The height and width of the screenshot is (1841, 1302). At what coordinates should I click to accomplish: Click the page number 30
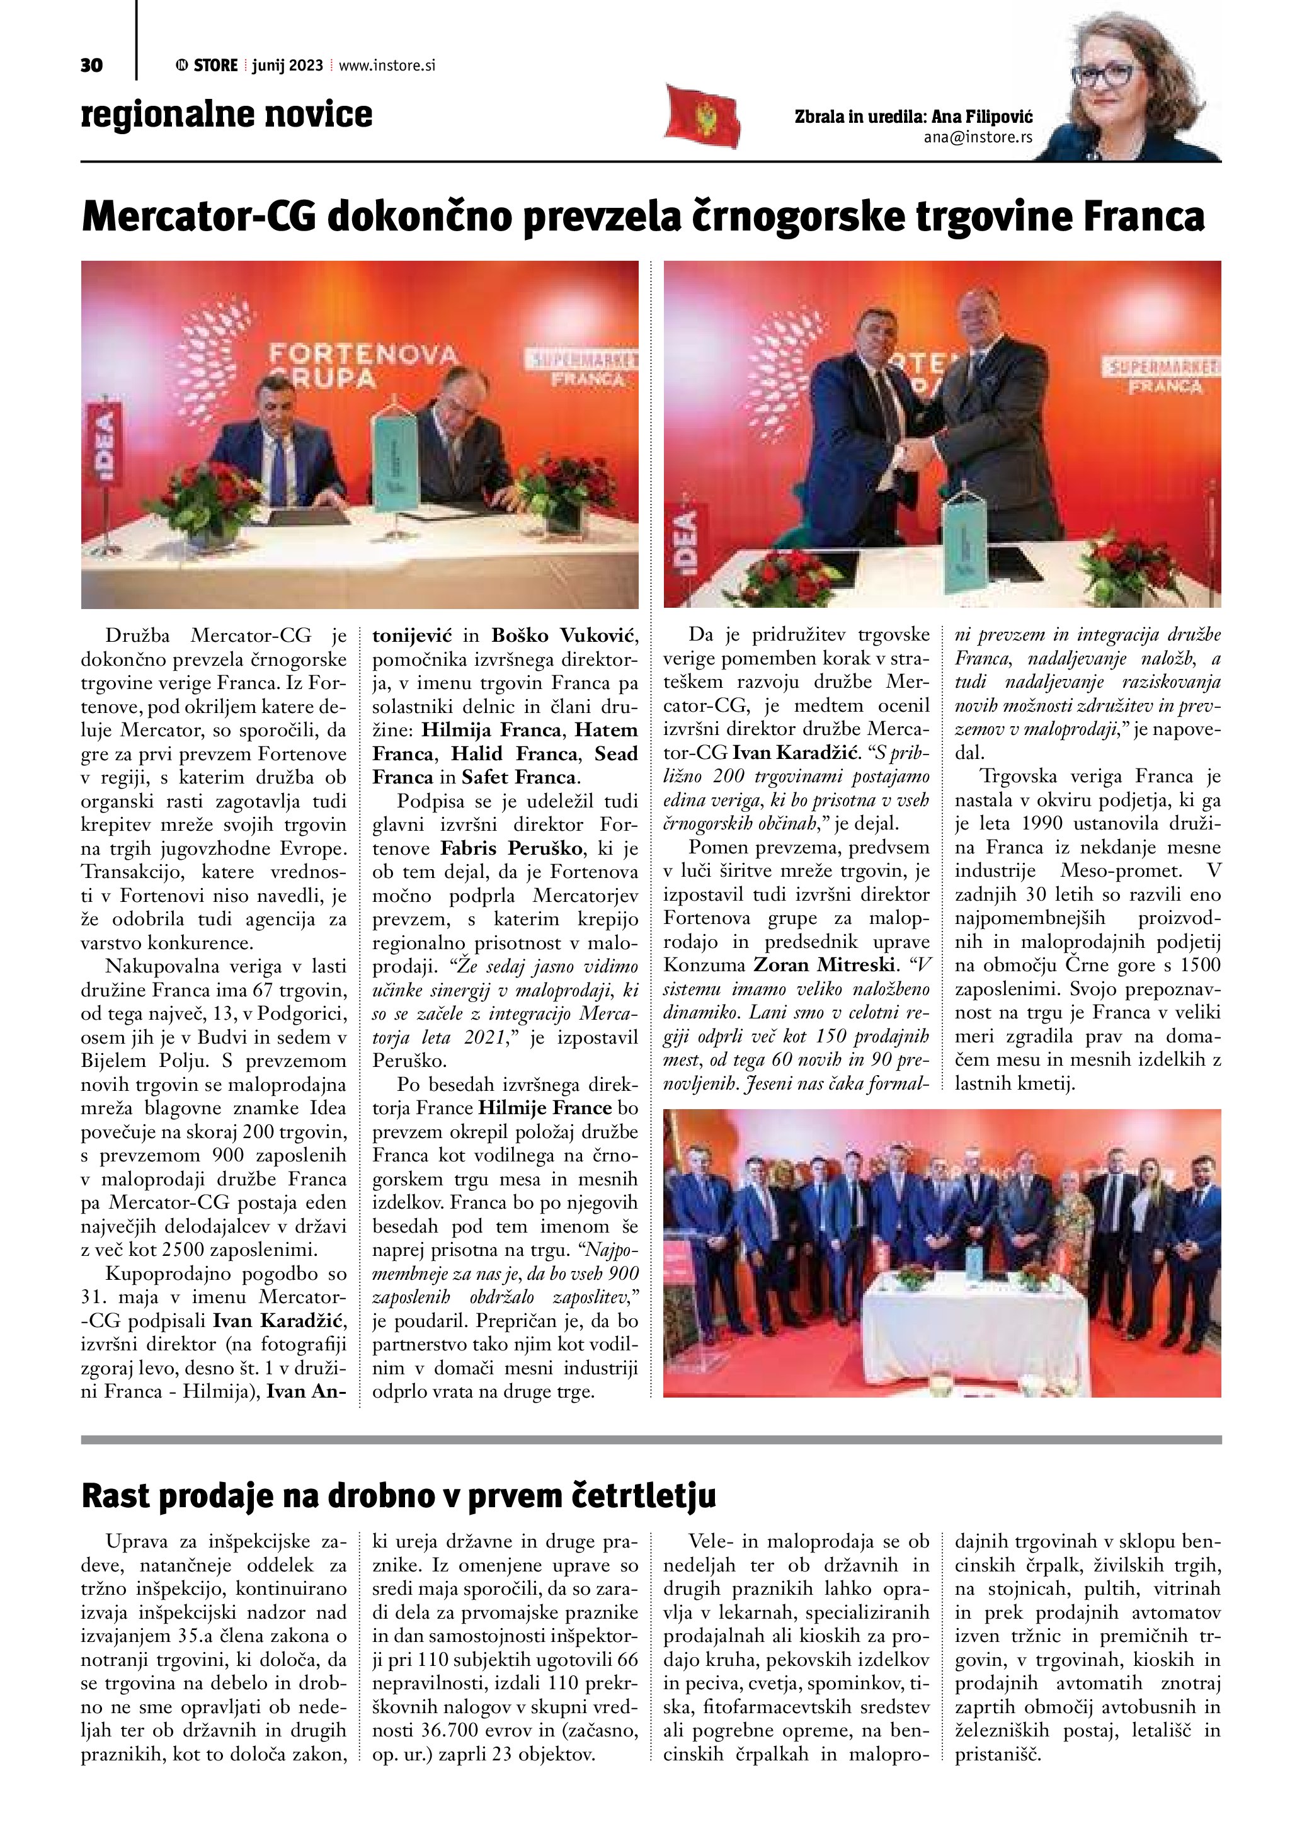pyautogui.click(x=91, y=65)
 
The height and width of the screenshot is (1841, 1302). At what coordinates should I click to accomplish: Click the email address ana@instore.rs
pyautogui.click(x=978, y=137)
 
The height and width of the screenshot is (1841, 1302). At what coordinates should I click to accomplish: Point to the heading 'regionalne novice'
pyautogui.click(x=227, y=115)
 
